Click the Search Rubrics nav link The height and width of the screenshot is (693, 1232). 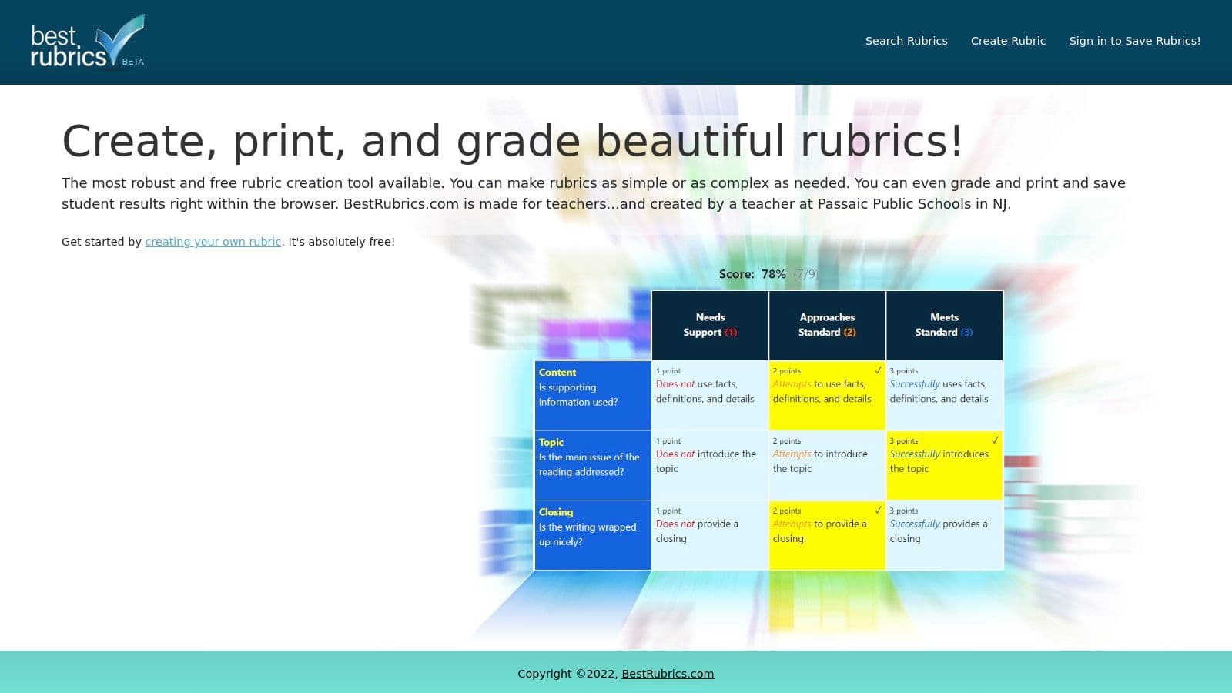coord(906,41)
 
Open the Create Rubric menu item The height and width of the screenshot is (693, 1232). coord(1008,41)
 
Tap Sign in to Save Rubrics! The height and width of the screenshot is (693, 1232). coord(1134,41)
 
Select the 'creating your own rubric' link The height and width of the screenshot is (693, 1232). coord(213,242)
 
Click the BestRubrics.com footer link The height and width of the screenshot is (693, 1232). coord(668,674)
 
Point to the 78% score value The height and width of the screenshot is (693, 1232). coord(773,274)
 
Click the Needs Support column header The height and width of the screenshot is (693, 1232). coord(710,325)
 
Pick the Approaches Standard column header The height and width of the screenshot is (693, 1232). coord(827,325)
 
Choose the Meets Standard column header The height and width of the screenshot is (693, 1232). coord(944,325)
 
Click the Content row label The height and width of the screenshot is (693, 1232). coord(557,373)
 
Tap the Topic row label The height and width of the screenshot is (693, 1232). coord(551,443)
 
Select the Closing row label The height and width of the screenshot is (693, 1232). coord(556,512)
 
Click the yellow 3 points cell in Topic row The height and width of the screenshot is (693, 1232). coord(944,465)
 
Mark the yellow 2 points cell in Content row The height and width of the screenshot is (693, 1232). coord(827,395)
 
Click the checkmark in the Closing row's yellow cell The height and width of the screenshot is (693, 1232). coord(878,511)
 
